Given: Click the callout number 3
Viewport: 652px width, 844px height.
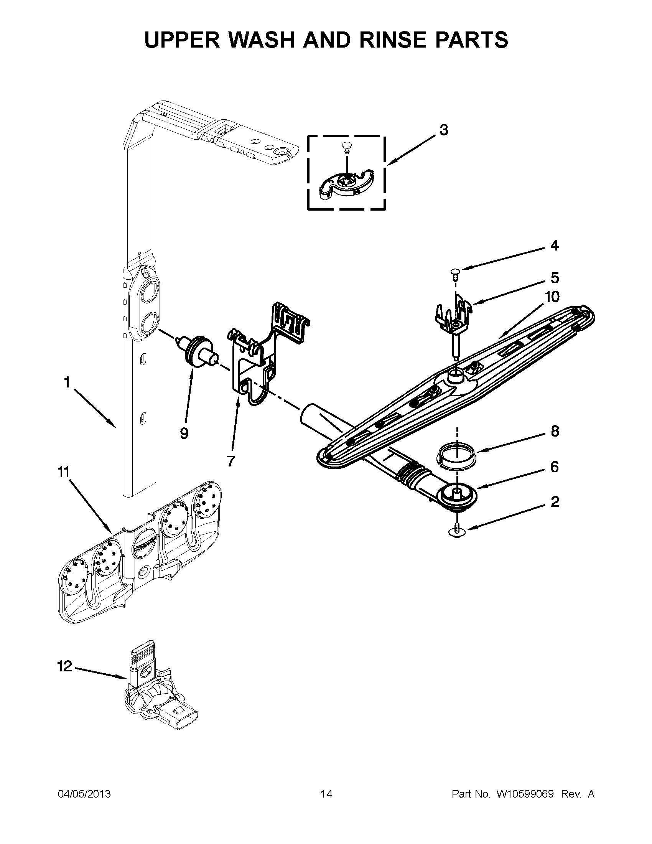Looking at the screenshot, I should point(444,130).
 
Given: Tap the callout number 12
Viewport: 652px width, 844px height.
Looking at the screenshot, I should point(65,666).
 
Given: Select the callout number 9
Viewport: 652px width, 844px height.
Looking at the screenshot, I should point(184,434).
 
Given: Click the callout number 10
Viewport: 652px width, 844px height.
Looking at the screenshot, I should point(552,297).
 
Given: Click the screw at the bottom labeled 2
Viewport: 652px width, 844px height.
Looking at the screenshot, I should point(457,533).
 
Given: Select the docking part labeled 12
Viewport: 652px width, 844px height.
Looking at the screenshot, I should point(158,692).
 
